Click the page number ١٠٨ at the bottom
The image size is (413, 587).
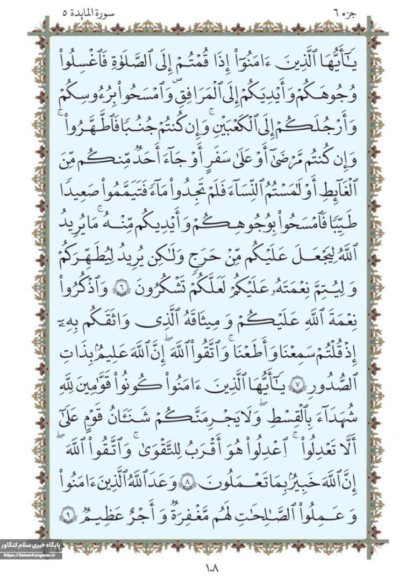tap(206, 566)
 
